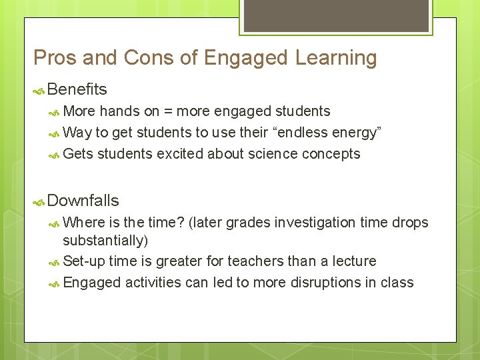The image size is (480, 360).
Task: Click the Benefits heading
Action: click(77, 89)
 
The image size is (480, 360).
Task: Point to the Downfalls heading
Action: click(83, 201)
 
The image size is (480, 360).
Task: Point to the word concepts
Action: click(331, 154)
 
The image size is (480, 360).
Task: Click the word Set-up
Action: click(84, 261)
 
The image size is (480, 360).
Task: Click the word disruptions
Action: click(321, 282)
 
